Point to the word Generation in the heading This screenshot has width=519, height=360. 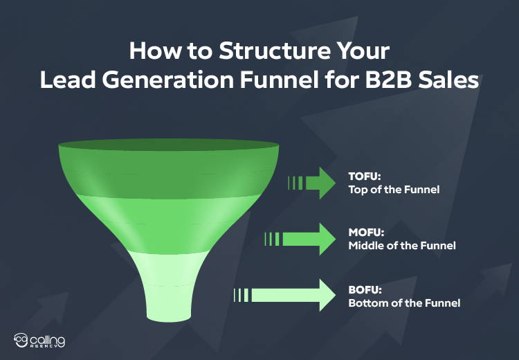point(165,80)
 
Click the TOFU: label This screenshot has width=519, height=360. point(362,177)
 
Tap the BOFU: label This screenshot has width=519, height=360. point(363,289)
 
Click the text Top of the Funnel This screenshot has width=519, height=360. point(393,189)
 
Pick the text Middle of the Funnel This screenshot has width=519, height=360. point(401,246)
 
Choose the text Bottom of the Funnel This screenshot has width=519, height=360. point(403,303)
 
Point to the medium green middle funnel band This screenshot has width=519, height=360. point(169,222)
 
